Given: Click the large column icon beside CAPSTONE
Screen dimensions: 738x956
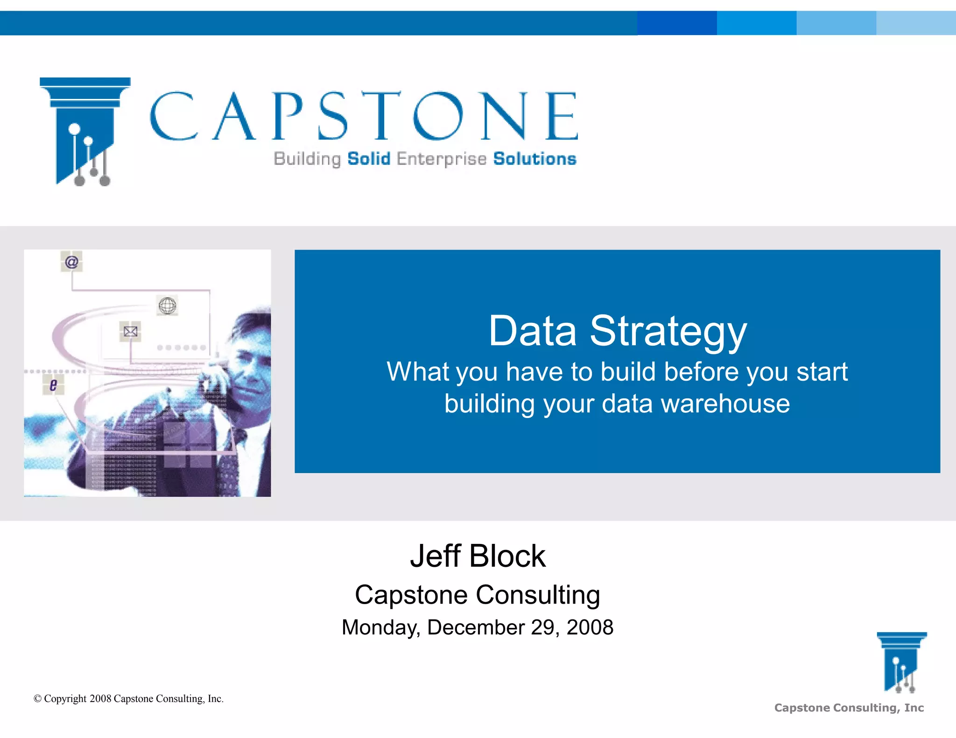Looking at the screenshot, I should pyautogui.click(x=84, y=131).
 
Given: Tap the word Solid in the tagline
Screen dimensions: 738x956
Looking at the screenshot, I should pyautogui.click(x=369, y=159).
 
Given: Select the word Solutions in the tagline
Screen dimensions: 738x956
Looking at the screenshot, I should pyautogui.click(x=534, y=159).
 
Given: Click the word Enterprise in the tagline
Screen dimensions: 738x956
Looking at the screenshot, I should pyautogui.click(x=442, y=159).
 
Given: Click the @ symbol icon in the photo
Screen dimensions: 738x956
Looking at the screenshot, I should pyautogui.click(x=71, y=262).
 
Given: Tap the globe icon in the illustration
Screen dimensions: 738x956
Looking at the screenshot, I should pyautogui.click(x=167, y=306).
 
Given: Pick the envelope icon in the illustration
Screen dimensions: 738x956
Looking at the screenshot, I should pyautogui.click(x=130, y=331).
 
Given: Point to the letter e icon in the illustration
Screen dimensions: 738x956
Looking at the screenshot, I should pyautogui.click(x=53, y=385).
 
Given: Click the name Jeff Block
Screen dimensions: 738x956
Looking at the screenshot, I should pyautogui.click(x=478, y=556).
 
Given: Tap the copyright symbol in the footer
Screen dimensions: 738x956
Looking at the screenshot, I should pyautogui.click(x=38, y=699).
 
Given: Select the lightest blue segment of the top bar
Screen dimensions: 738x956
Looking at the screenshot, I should pyautogui.click(x=916, y=23).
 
